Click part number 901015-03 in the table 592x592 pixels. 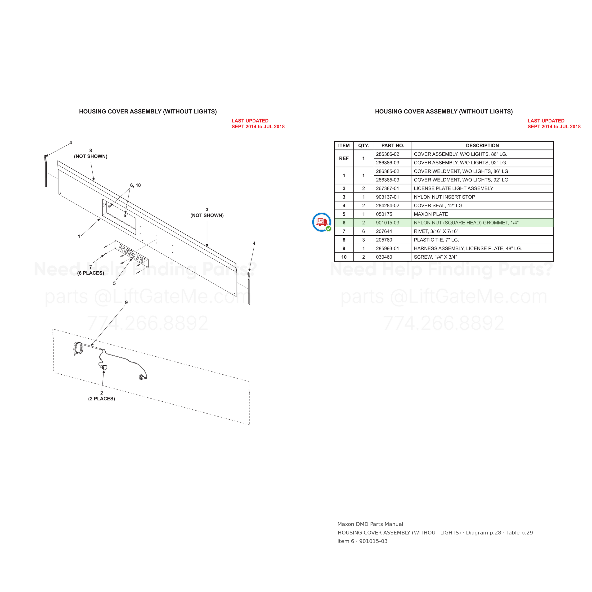click(x=387, y=223)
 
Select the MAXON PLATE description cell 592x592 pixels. click(x=482, y=214)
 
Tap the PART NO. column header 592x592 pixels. click(x=393, y=146)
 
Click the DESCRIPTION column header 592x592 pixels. click(x=482, y=146)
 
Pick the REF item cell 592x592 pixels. click(x=344, y=158)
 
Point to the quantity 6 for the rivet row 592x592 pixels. click(x=363, y=231)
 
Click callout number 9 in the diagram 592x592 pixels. click(x=126, y=302)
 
